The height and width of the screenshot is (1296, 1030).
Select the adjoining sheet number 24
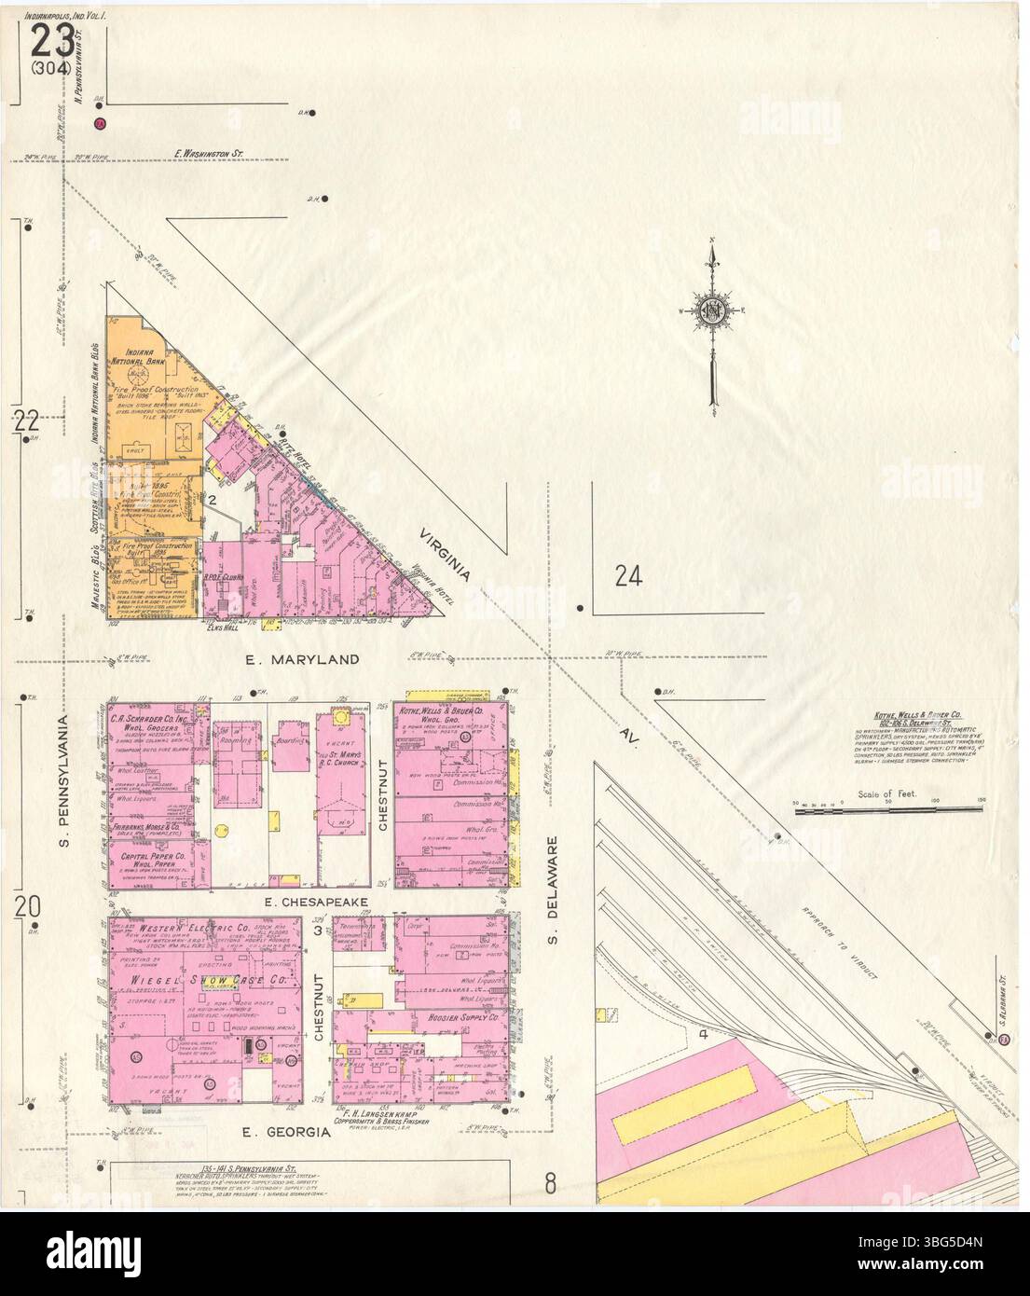click(629, 577)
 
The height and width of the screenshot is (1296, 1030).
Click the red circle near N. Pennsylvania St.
click(100, 123)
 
